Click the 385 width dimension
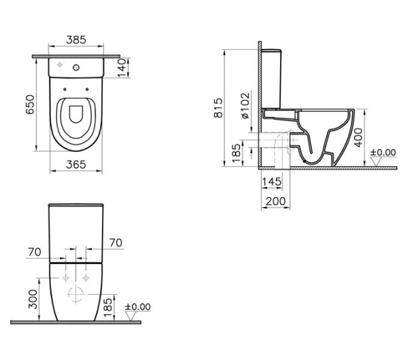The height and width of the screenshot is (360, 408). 76,40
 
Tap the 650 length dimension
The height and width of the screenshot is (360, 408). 30,104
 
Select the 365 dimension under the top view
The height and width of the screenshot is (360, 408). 76,165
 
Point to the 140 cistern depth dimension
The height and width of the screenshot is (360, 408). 122,68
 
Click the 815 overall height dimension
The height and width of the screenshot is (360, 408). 218,108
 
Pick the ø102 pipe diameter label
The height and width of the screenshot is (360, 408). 245,105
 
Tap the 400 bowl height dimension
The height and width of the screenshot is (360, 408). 359,137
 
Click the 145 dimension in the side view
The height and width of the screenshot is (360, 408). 271,182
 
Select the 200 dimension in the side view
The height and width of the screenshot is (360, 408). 276,201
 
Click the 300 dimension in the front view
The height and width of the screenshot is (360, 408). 33,299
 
